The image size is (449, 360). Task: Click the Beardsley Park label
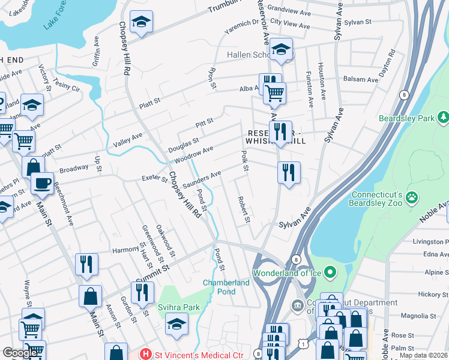pyautogui.click(x=406, y=118)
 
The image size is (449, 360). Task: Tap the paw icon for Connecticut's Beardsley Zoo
pyautogui.click(x=412, y=197)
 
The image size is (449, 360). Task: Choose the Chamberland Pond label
pyautogui.click(x=226, y=287)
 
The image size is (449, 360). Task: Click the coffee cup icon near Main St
pyautogui.click(x=42, y=183)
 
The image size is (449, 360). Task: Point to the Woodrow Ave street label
pyautogui.click(x=194, y=155)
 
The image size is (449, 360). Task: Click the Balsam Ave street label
pyautogui.click(x=360, y=79)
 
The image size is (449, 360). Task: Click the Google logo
pyautogui.click(x=20, y=353)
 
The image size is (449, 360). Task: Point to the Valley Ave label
pyautogui.click(x=128, y=140)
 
